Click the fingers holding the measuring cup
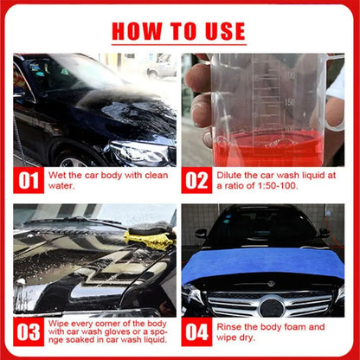[x=198, y=95]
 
